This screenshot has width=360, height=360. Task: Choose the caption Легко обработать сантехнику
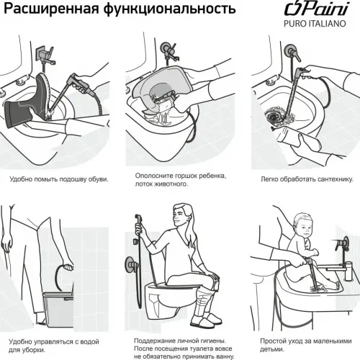(297, 179)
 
